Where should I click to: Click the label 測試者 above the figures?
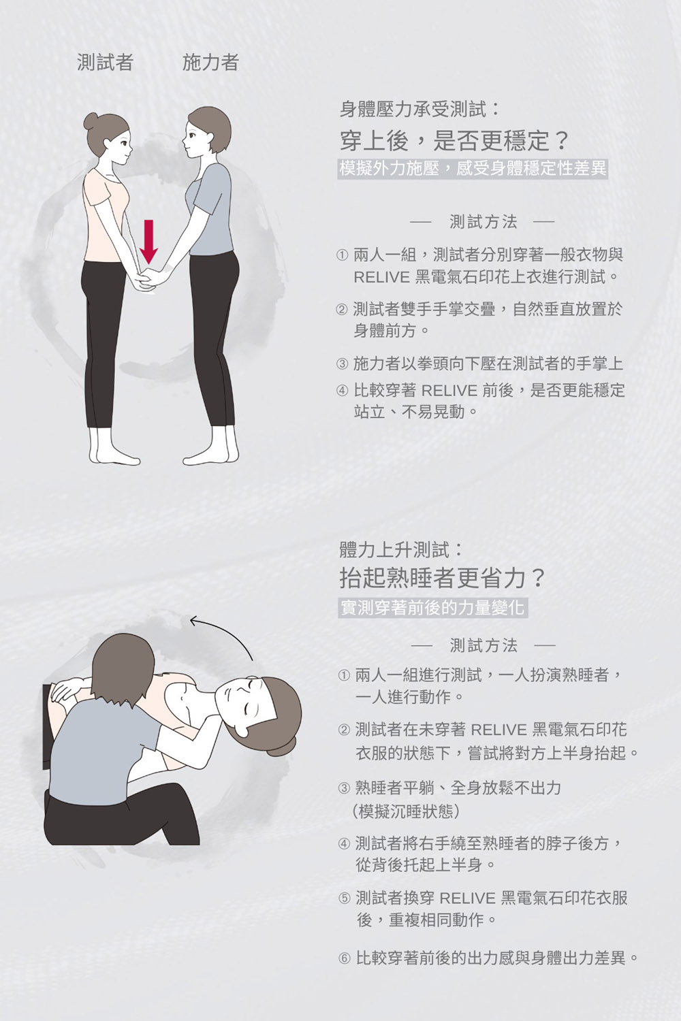click(x=105, y=62)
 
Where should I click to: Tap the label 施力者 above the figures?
click(x=210, y=62)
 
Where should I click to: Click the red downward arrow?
click(x=148, y=242)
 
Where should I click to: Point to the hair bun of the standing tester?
click(x=91, y=122)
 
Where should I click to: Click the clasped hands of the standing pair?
click(x=149, y=278)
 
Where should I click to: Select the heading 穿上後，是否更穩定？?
click(x=454, y=140)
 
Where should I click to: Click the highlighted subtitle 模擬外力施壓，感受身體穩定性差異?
click(x=473, y=169)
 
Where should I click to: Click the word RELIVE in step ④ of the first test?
click(x=449, y=391)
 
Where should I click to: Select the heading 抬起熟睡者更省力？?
click(x=443, y=578)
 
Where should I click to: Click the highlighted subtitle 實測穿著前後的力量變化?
click(x=433, y=608)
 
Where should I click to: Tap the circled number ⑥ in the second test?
click(x=345, y=958)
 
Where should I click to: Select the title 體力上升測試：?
click(x=401, y=550)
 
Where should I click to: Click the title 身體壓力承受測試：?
click(x=419, y=110)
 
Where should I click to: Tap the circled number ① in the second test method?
click(x=344, y=675)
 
